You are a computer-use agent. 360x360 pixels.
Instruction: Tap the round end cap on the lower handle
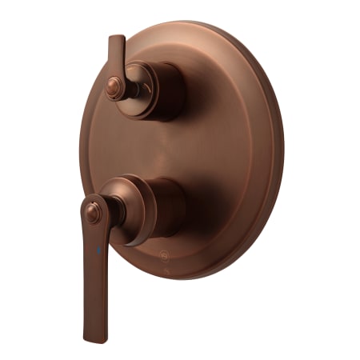click(94, 212)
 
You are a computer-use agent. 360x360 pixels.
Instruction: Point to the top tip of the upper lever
click(116, 38)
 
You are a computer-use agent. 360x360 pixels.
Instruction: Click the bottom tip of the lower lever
click(90, 337)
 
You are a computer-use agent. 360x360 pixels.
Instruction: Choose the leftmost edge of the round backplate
click(81, 152)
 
